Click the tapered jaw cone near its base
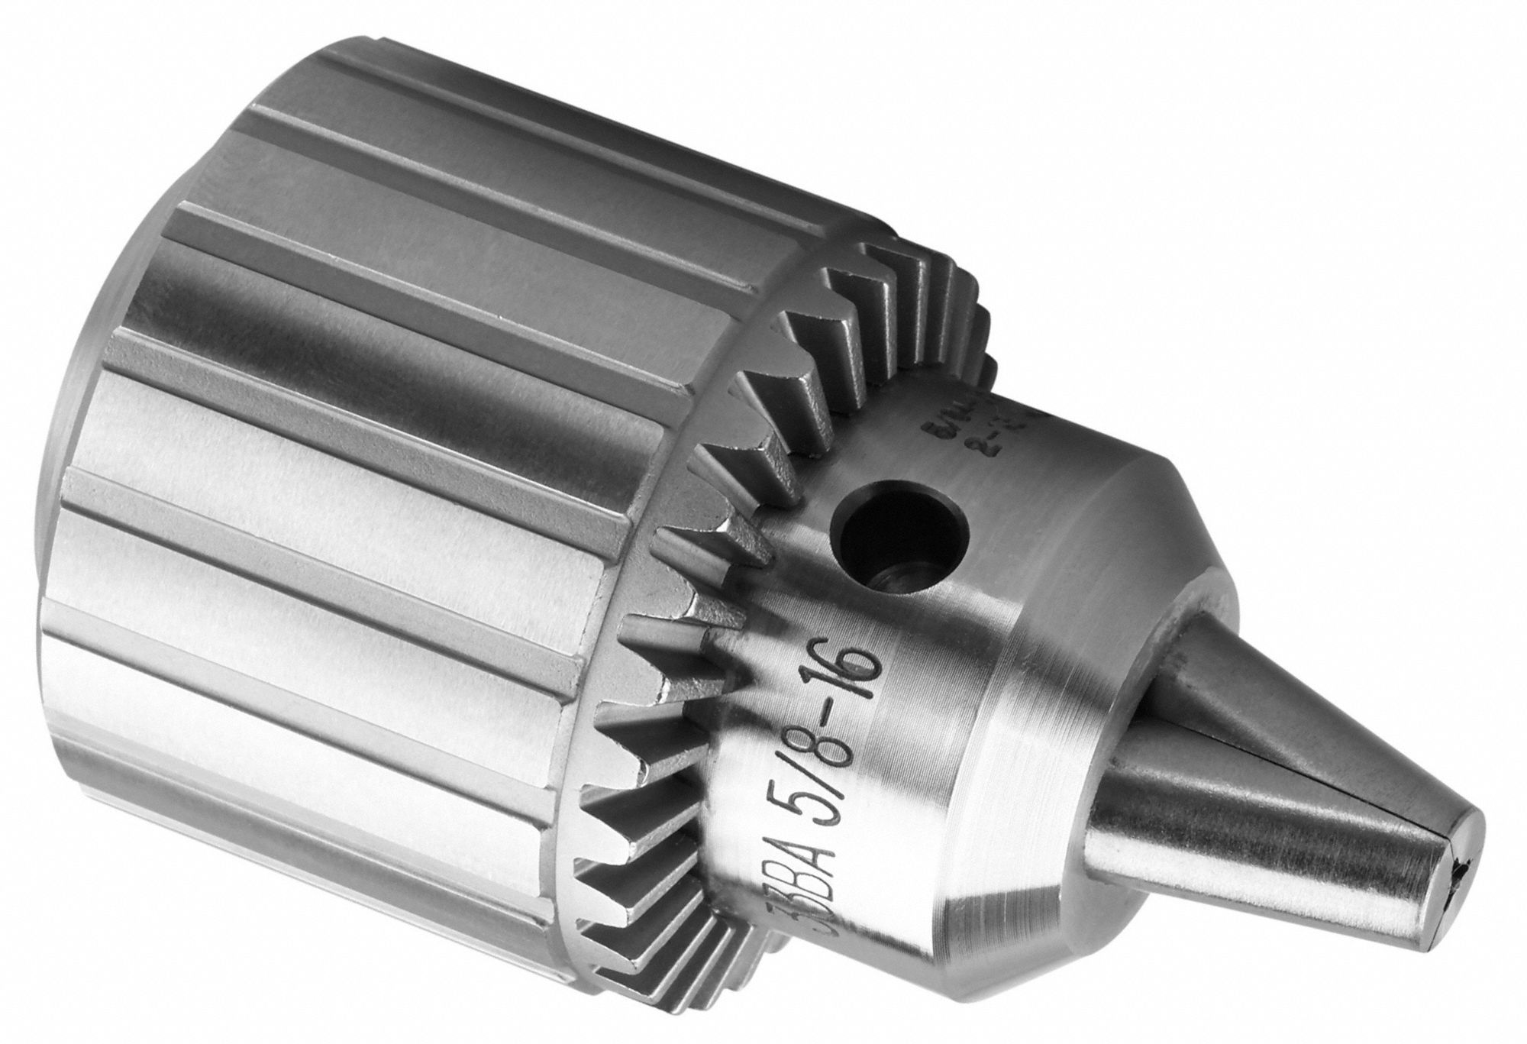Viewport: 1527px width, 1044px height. point(1191,687)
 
